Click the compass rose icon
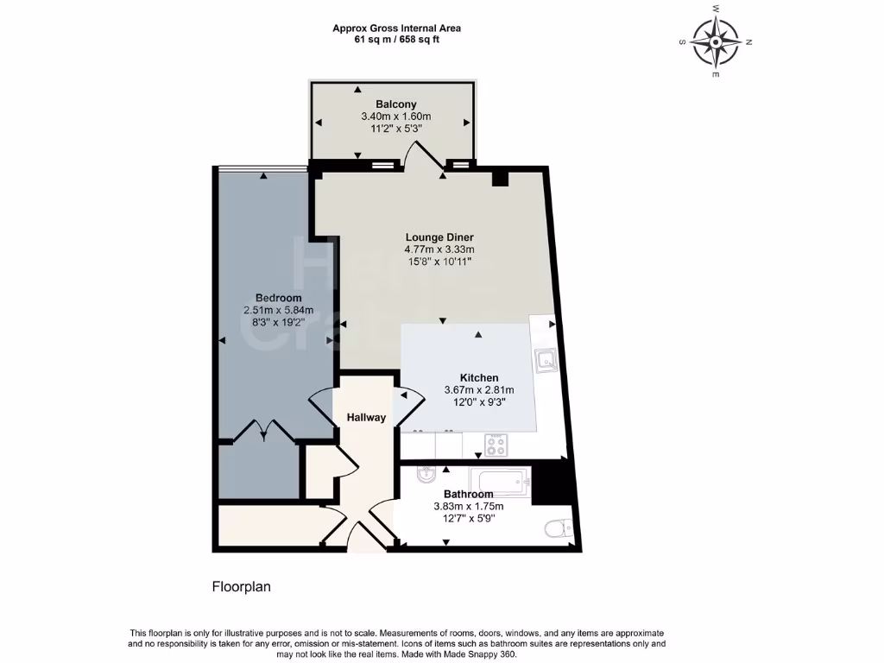716,41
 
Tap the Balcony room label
395,104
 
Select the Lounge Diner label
439,237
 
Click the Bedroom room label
278,298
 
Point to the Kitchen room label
478,377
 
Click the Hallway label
366,418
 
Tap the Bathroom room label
468,494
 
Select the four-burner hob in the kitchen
496,446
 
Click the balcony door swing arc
421,155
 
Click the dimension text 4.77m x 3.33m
439,249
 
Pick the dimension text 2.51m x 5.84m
278,310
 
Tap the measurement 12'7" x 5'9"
468,518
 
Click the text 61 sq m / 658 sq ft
396,40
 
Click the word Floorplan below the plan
242,587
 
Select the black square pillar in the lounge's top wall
500,179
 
